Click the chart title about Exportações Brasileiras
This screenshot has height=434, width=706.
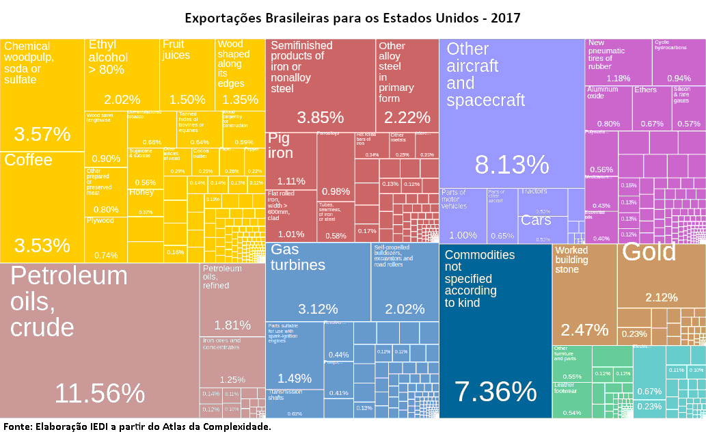pos(353,17)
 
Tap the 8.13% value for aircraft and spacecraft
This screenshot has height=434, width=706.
pos(511,165)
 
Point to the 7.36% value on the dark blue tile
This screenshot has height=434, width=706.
pos(495,392)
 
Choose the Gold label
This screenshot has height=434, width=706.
pos(649,253)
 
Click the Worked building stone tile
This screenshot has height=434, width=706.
pos(584,294)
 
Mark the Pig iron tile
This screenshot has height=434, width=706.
pos(290,161)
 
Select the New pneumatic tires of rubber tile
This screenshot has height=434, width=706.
pos(618,62)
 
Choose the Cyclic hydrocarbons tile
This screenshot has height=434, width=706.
pos(678,62)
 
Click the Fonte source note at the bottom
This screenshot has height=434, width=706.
pos(137,426)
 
